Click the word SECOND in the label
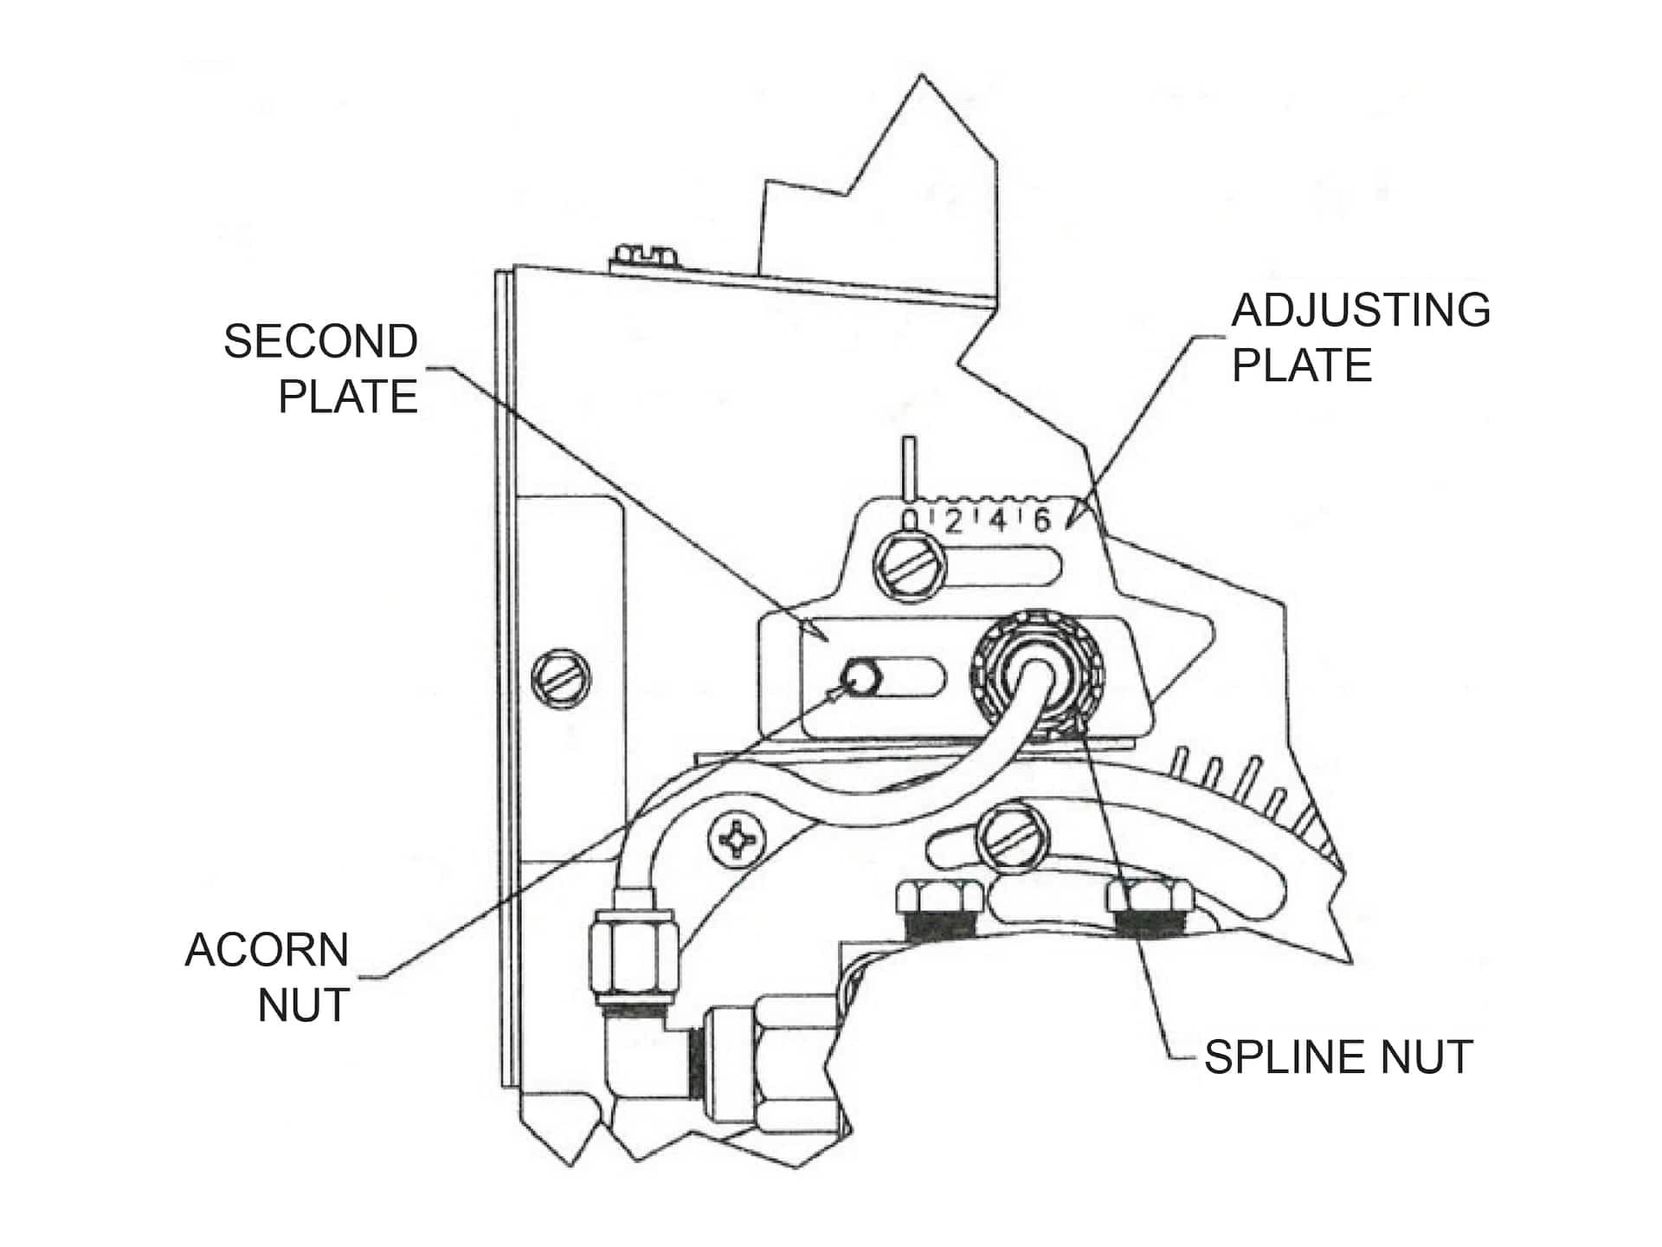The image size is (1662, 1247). coord(320,341)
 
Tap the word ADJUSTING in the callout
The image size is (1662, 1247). coord(1360,310)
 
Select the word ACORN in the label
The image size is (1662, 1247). coord(267,950)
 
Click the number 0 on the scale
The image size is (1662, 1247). coord(910,520)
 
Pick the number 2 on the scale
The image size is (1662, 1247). coord(953,521)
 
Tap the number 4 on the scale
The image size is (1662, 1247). coord(997,521)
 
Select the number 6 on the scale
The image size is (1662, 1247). coord(1042,520)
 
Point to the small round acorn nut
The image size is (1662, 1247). coord(860,675)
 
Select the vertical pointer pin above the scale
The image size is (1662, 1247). coord(908,468)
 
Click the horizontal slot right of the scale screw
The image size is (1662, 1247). coord(1004,568)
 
